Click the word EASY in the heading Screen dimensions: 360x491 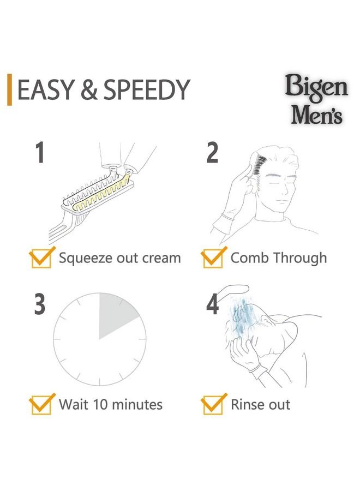(45, 89)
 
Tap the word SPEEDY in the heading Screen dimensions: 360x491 (147, 89)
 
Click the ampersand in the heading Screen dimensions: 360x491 (88, 89)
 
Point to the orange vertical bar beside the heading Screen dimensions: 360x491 (10, 89)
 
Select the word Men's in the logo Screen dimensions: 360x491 (316, 115)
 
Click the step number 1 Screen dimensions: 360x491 (40, 153)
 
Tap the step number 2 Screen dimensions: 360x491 (212, 153)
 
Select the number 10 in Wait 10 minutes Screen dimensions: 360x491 (100, 404)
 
